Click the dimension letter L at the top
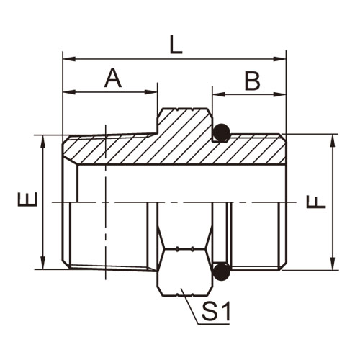[x=176, y=45]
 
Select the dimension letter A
[x=113, y=78]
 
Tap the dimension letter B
[x=252, y=81]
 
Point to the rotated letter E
[x=27, y=199]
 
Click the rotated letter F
[x=316, y=202]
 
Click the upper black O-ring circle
[x=221, y=132]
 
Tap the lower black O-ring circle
[x=221, y=272]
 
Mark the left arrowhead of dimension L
[x=69, y=59]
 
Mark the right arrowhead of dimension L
[x=279, y=59]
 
